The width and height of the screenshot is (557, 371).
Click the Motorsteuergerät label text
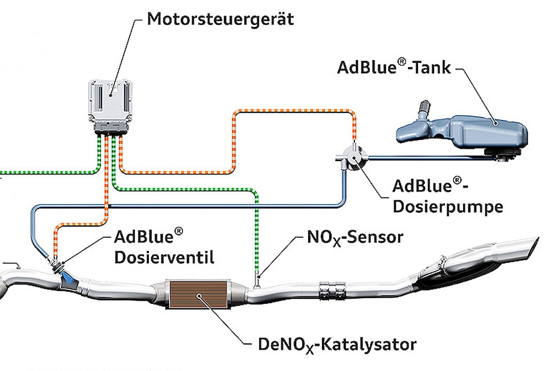(x=220, y=19)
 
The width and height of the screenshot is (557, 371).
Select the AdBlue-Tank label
(x=394, y=67)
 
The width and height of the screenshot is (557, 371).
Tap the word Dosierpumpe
(x=448, y=207)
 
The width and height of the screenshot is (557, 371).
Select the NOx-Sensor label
(x=355, y=237)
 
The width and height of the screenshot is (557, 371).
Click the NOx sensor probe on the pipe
(x=257, y=281)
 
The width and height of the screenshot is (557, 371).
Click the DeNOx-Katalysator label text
(x=337, y=345)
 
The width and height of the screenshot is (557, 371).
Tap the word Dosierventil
(x=164, y=257)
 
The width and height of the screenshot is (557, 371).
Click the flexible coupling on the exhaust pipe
(x=332, y=291)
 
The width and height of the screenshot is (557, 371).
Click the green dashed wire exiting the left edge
(x=50, y=173)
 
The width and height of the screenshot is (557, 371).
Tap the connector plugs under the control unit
(x=110, y=128)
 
